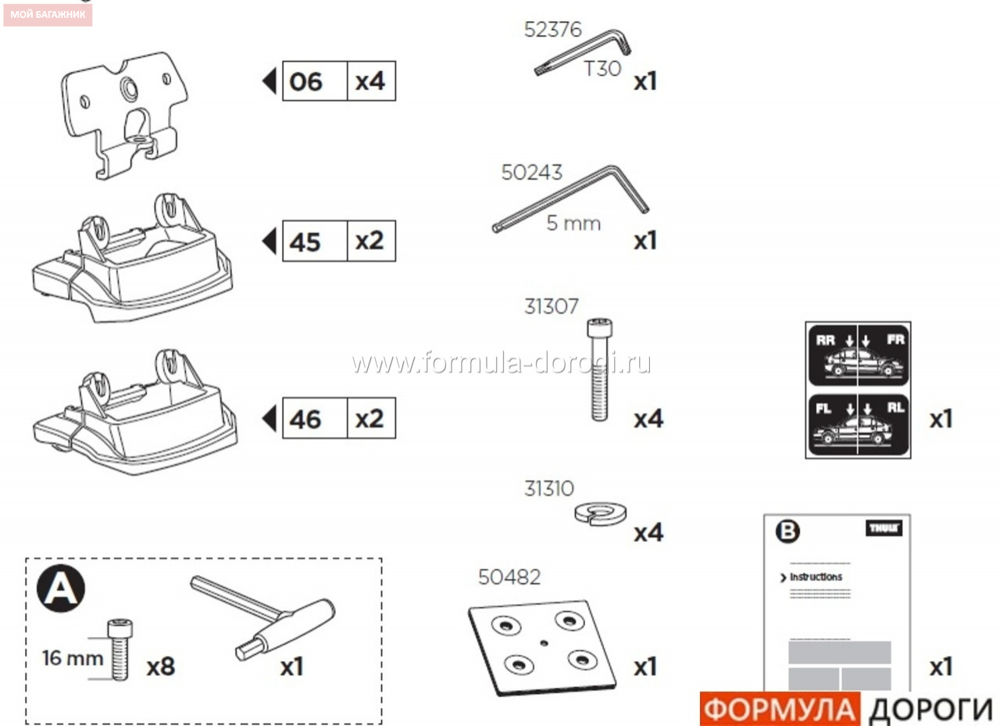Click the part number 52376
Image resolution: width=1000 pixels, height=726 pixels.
tap(552, 30)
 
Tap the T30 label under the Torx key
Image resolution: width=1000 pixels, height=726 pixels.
tap(602, 69)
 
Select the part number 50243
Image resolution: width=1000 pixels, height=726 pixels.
tap(531, 173)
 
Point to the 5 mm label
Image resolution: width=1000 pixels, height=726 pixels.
tap(573, 224)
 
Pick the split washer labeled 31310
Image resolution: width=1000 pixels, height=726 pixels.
tap(600, 514)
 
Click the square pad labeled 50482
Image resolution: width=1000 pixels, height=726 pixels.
tap(542, 648)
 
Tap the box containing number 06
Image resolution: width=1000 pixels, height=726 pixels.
tap(315, 80)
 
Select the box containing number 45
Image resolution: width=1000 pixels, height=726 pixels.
tap(315, 241)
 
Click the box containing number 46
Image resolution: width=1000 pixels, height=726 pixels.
tap(315, 418)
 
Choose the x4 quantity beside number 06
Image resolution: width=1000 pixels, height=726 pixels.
tap(370, 81)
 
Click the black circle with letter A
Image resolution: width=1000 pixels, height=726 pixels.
tap(61, 588)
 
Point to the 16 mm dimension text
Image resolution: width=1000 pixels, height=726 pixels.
tap(73, 658)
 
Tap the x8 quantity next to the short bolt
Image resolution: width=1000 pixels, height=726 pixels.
tap(161, 667)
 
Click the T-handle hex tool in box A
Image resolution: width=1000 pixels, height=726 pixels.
tap(264, 618)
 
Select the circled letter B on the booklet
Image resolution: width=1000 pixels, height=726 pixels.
tap(787, 531)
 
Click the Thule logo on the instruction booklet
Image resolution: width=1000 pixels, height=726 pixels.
tap(884, 528)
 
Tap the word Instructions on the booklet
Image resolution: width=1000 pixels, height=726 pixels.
tap(816, 577)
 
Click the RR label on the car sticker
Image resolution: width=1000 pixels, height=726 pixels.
tap(825, 340)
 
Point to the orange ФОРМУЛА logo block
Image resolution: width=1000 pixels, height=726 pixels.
tap(780, 709)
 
